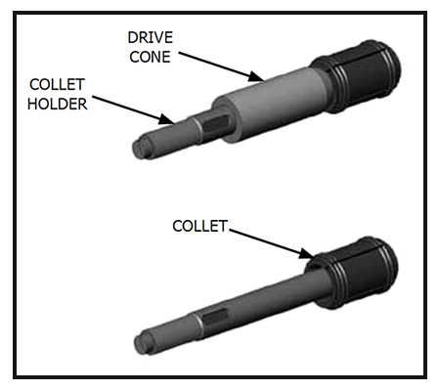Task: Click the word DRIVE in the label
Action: click(151, 38)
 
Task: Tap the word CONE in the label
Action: click(150, 57)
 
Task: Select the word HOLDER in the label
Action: click(58, 104)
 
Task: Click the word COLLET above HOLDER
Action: click(57, 85)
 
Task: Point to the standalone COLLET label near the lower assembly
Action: click(199, 226)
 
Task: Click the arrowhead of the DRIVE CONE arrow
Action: click(257, 77)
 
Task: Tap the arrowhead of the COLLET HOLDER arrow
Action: click(167, 119)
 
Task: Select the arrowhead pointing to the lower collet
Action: click(307, 253)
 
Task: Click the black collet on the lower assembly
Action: click(354, 273)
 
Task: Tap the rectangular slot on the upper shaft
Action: click(215, 124)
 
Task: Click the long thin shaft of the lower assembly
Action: click(261, 300)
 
